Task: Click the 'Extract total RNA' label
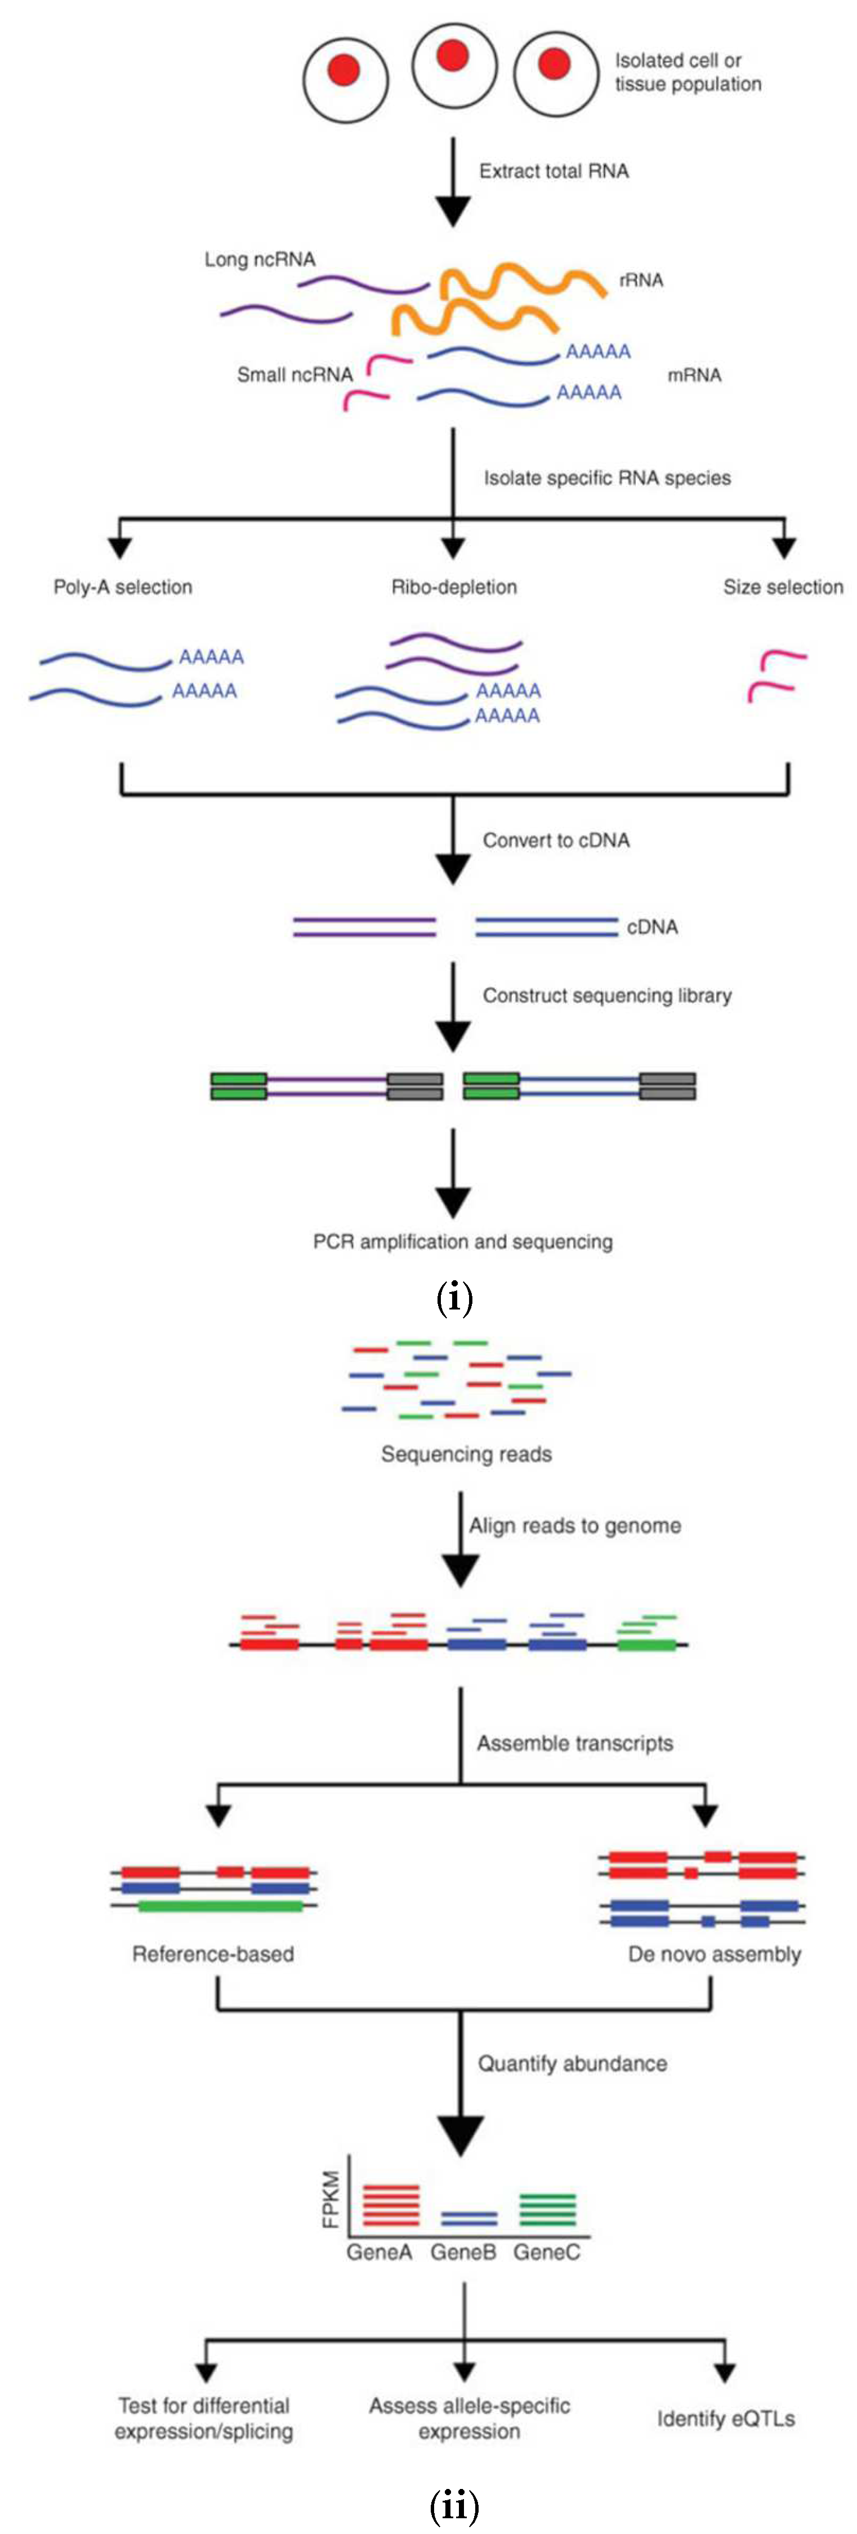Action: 553,171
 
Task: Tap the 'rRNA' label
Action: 641,280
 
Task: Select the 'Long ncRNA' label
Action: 260,260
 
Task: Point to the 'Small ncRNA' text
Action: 294,375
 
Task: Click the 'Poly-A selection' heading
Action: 123,587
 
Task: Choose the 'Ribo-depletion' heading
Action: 454,587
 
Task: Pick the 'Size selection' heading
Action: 782,587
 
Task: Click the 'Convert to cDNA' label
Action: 556,840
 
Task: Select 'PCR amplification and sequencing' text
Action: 462,1241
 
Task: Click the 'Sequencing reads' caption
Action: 466,1454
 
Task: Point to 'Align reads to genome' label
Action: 574,1526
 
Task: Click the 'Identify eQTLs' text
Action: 725,2418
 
